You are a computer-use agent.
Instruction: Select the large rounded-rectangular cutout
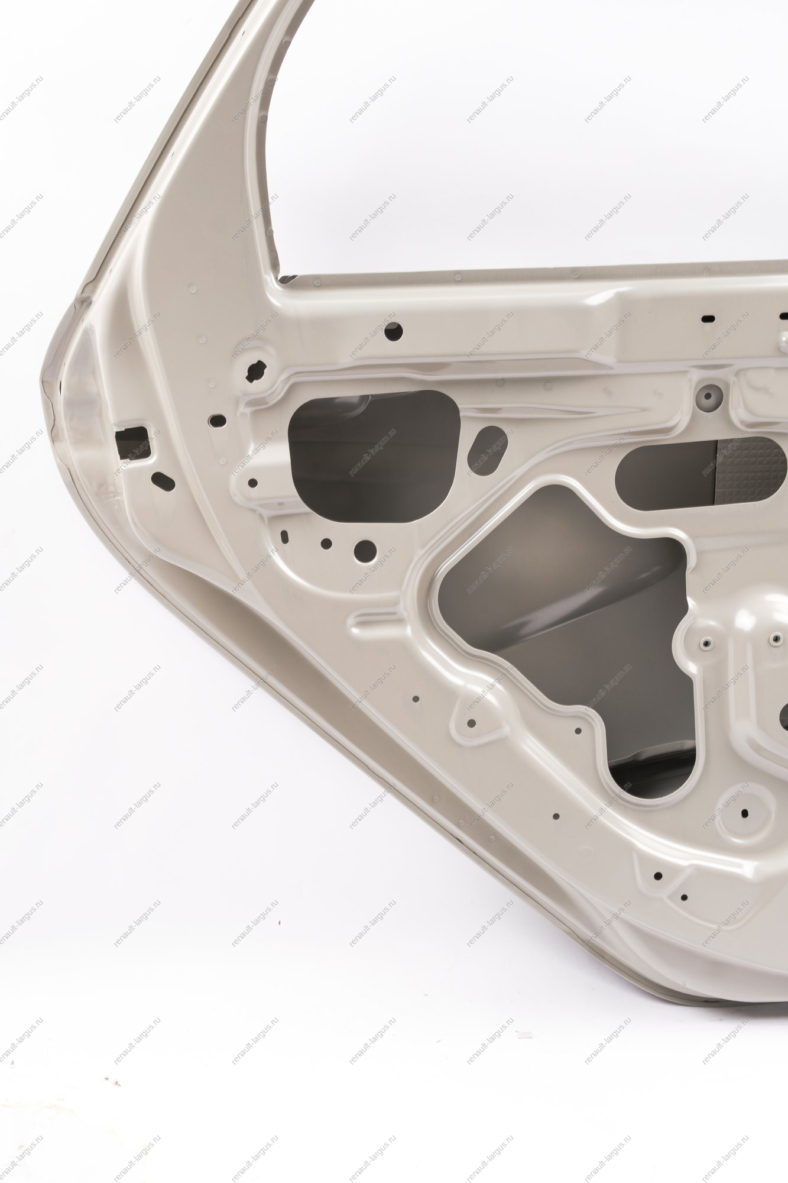(x=374, y=455)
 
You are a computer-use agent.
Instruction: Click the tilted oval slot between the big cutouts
(x=487, y=451)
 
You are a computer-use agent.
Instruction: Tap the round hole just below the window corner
(x=393, y=331)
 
